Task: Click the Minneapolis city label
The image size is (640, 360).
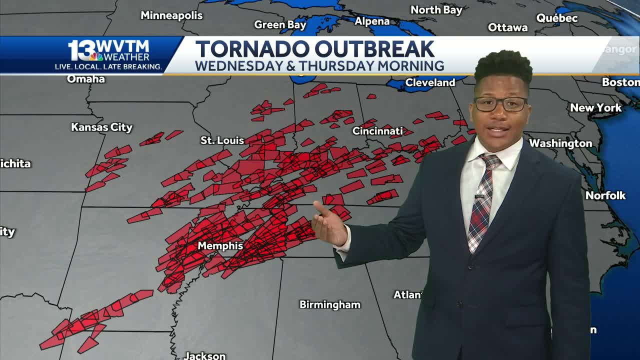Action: [x=171, y=15]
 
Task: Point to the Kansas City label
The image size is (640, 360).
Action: [x=101, y=127]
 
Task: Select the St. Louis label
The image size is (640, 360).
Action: [x=222, y=140]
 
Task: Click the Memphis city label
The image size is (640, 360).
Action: [x=220, y=246]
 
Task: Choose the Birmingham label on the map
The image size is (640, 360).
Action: [x=329, y=304]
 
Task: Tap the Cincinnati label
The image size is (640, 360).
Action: [x=377, y=131]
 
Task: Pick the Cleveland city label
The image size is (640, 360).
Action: [x=430, y=82]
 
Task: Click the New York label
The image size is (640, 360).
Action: [x=595, y=107]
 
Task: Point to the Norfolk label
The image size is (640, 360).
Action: [x=605, y=195]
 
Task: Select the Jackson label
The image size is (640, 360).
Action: [x=204, y=355]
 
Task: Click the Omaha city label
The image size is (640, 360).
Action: [x=86, y=79]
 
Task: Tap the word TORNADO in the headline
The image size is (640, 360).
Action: [x=251, y=49]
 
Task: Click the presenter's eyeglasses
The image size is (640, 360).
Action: [x=500, y=103]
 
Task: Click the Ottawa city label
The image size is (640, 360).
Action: [x=507, y=27]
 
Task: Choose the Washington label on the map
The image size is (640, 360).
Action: [x=560, y=143]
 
